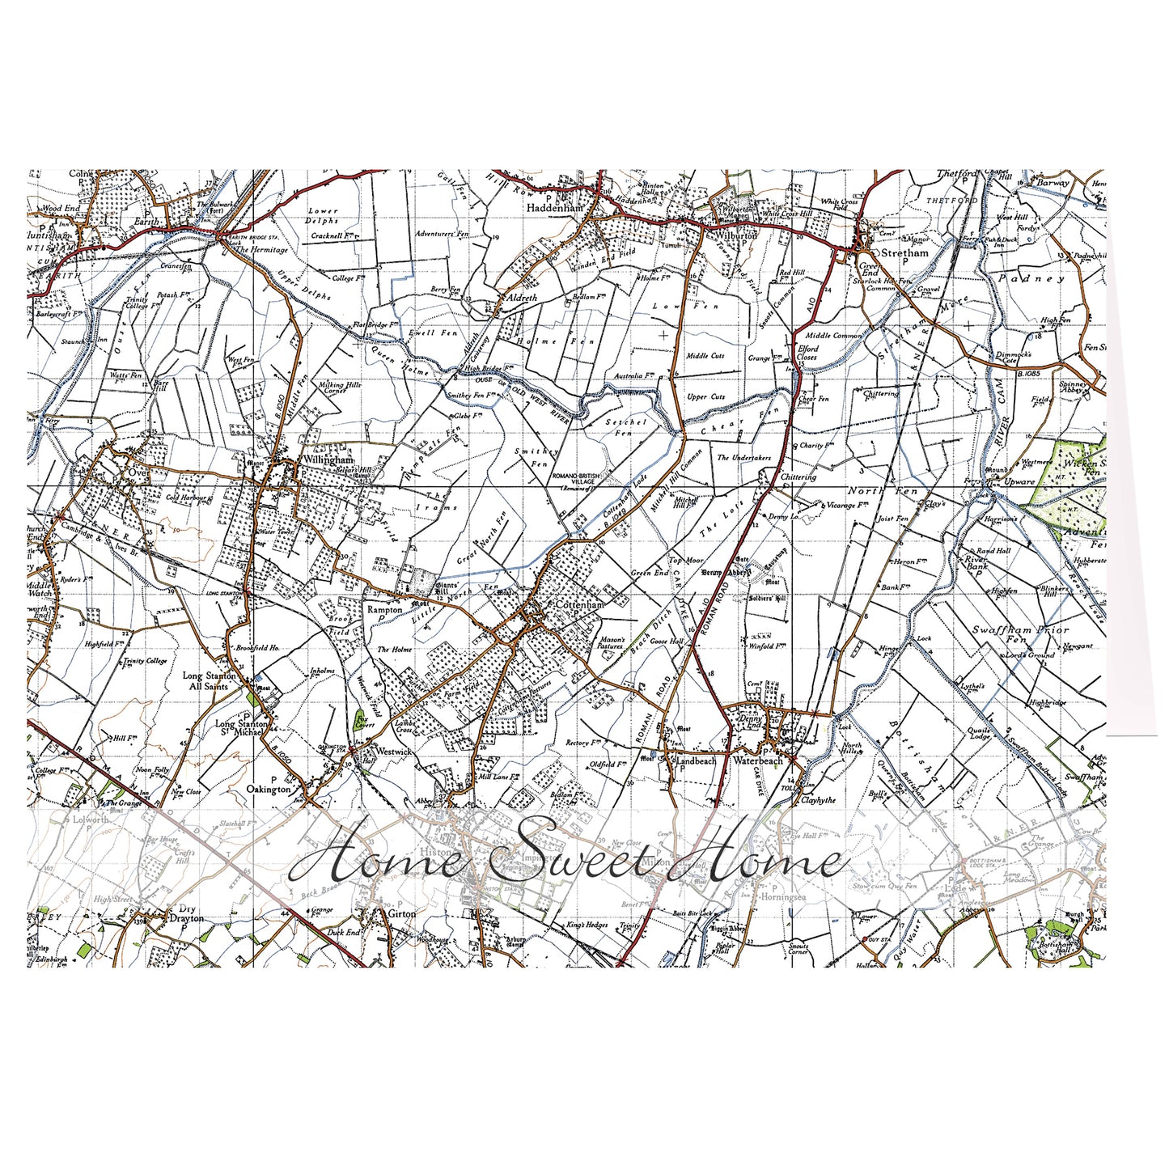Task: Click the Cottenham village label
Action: pos(579,604)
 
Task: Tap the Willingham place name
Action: pos(327,459)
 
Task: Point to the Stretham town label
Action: pos(904,252)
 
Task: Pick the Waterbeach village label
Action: pos(758,760)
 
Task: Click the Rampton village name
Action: pos(384,609)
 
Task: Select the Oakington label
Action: pos(269,789)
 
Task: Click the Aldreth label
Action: pos(521,298)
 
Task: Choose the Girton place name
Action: pos(401,913)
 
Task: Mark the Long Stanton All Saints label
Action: pos(208,680)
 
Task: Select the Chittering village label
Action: pos(798,477)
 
